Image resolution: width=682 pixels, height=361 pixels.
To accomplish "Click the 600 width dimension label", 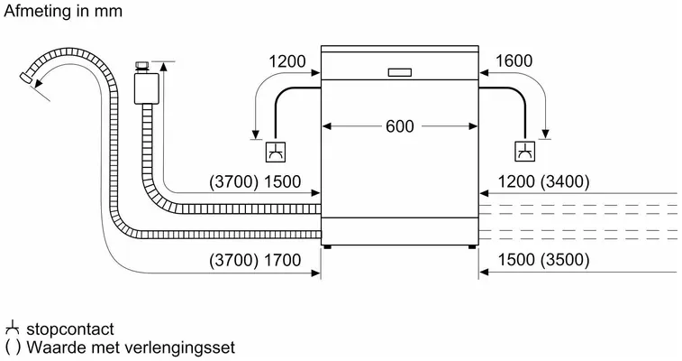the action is tap(400, 126).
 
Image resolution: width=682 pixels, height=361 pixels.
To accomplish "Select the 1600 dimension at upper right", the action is tap(514, 61).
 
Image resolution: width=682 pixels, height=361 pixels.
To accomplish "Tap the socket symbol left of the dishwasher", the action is tap(276, 152).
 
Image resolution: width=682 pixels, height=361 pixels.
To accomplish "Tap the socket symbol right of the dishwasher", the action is tap(525, 151).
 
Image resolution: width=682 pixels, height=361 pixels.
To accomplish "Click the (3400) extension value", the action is tap(565, 181).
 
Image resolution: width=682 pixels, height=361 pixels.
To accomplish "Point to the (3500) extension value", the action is tap(565, 260).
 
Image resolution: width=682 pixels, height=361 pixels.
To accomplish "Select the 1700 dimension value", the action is tap(282, 261).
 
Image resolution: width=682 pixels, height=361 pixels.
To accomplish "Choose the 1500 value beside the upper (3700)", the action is tap(282, 182).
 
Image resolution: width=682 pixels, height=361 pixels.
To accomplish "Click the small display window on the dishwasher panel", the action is tap(399, 73).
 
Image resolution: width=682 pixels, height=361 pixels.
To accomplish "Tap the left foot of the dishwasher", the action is tap(327, 247).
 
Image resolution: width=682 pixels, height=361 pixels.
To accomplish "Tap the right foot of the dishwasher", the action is tap(472, 247).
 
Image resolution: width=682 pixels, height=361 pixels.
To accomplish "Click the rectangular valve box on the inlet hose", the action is tap(147, 88).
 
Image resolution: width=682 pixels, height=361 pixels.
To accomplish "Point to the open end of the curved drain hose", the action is tap(25, 77).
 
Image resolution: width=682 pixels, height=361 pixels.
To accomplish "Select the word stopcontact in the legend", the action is tap(70, 329).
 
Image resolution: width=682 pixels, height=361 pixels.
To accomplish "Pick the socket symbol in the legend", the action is tap(13, 328).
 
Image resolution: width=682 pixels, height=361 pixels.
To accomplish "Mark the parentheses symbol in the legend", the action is tap(13, 347).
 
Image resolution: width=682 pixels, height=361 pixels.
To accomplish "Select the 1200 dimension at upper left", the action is tap(287, 61).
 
